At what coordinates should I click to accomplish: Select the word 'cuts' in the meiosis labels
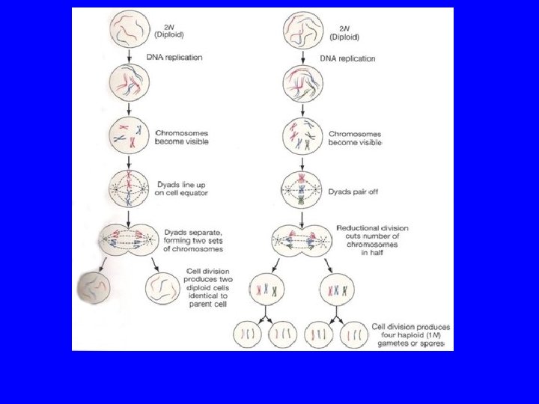348,236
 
